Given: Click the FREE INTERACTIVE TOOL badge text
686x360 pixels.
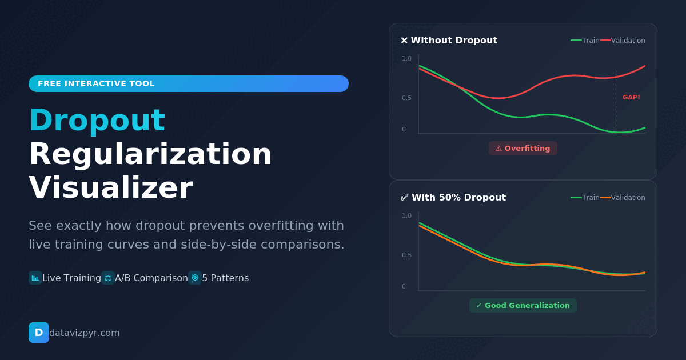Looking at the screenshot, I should pos(96,83).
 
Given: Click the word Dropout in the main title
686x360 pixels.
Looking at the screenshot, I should pos(97,121).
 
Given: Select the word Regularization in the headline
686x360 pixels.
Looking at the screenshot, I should pos(150,154).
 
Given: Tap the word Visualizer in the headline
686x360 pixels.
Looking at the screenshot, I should pos(110,188).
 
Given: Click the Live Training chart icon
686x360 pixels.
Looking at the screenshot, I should pos(35,278).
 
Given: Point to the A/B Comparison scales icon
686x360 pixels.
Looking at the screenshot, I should pos(108,278).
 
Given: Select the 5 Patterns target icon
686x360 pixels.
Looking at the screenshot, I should pos(195,278).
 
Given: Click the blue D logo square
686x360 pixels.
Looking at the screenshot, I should pos(38,333).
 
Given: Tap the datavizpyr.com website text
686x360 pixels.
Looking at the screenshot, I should pos(85,333).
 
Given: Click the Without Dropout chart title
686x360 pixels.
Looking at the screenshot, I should pos(449,41).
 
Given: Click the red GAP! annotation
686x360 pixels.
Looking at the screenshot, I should pos(631,98).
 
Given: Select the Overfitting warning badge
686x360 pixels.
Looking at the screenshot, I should pos(523,149).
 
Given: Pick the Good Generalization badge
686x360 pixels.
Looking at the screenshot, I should pos(523,306).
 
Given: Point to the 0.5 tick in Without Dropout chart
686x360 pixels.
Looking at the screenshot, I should pos(406,98).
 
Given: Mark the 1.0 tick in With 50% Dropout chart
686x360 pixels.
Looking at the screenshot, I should pos(406,216).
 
